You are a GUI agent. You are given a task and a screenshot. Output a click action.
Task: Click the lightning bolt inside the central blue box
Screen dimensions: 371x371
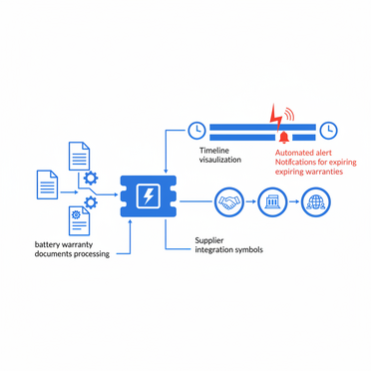148,196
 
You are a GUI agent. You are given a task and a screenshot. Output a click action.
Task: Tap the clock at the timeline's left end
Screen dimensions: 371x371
196,130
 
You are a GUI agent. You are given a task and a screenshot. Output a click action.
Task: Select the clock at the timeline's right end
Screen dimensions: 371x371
327,130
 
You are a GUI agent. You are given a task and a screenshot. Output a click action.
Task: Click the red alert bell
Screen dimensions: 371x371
283,136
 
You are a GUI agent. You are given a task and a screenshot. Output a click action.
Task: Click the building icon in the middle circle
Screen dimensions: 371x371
272,202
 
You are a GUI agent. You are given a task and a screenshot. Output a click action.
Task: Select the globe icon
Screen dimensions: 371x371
316,202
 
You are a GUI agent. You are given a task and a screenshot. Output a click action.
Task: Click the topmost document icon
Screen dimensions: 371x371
79,156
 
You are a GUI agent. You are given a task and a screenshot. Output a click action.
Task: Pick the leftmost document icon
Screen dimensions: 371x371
47,185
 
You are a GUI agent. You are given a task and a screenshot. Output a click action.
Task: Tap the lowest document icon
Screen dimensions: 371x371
79,221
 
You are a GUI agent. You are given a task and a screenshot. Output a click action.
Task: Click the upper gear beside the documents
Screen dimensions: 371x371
92,178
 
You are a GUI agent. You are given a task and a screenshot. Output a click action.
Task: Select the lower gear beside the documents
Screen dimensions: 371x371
90,203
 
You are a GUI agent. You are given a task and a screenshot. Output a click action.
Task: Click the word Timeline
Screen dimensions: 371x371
214,149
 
